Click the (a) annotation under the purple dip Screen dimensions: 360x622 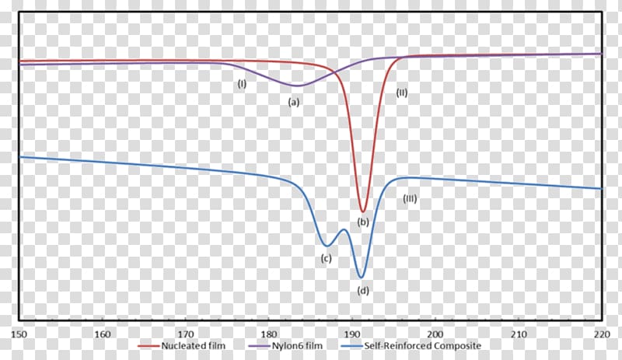(294, 102)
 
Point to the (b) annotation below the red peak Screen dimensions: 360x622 (362, 222)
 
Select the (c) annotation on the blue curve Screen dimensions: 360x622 (327, 257)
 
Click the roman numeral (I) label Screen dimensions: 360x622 (242, 83)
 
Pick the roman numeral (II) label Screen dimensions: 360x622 (402, 93)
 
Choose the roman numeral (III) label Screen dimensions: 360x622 (410, 198)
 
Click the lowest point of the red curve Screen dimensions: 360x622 (362, 211)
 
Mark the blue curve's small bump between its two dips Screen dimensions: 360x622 (343, 230)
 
